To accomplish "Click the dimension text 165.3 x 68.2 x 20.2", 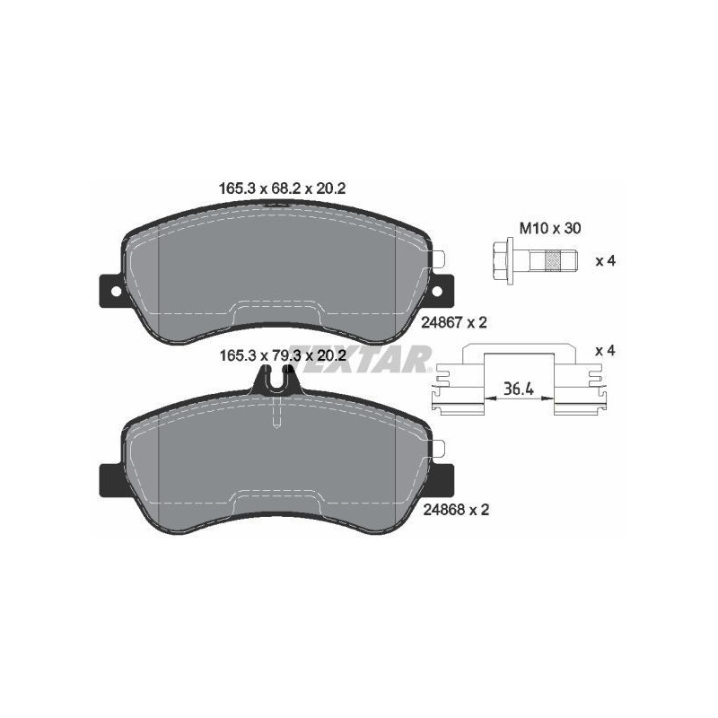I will pyautogui.click(x=282, y=189).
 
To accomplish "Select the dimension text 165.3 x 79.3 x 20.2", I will pyautogui.click(x=282, y=356).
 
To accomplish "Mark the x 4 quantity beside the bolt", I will pyautogui.click(x=605, y=261).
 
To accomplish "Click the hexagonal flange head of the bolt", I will pyautogui.click(x=502, y=261).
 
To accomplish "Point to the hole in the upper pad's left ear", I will pyautogui.click(x=112, y=290).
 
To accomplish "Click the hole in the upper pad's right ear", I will pyautogui.click(x=437, y=290).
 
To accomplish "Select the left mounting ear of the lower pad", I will pyautogui.click(x=109, y=478).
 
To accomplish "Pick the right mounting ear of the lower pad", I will pyautogui.click(x=442, y=478).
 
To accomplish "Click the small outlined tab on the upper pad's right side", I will pyautogui.click(x=438, y=259).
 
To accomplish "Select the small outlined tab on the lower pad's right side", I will pyautogui.click(x=438, y=448).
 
